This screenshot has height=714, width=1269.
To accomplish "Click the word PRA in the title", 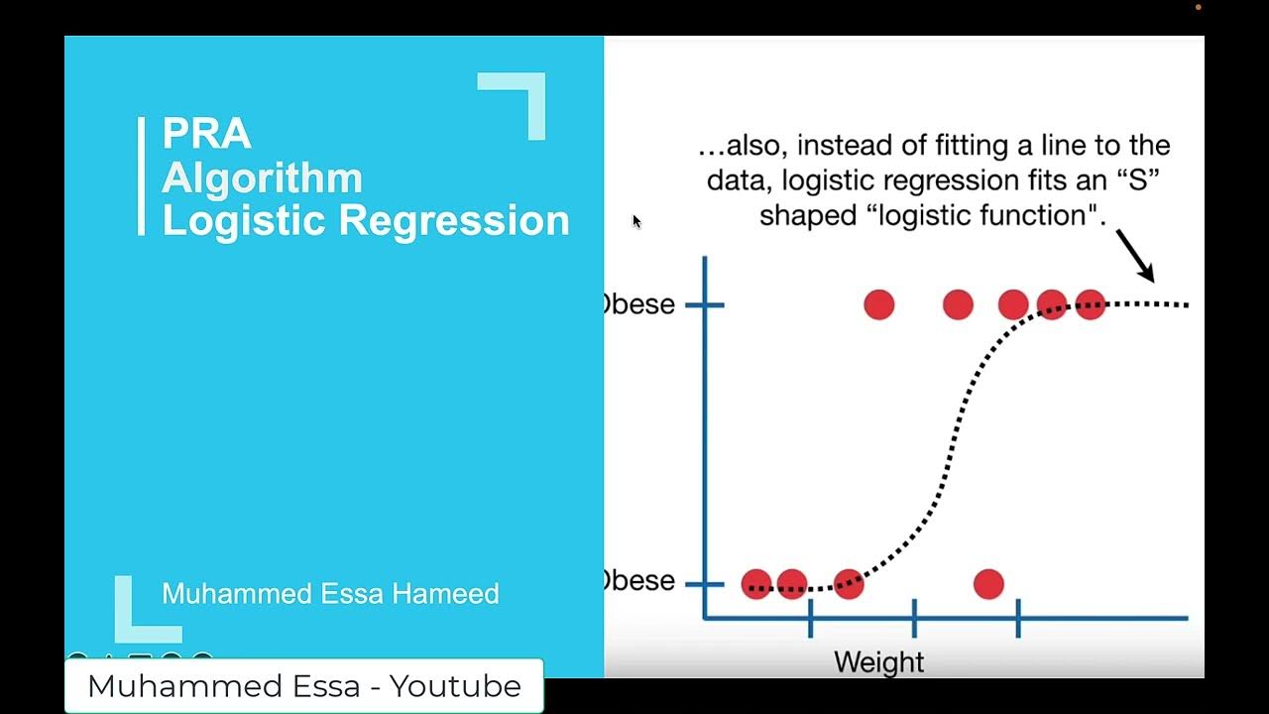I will coord(206,134).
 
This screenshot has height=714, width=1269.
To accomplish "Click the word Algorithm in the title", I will coord(262,178).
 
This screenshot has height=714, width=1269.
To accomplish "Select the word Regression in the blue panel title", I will coord(454,220).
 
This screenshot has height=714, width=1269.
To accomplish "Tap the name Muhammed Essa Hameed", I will coord(330,594).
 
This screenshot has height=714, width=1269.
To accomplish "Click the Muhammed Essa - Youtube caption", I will coord(304,686).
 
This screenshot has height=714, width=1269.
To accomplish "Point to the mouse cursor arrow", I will coord(635,221).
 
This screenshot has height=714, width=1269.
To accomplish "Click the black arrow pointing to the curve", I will coord(1135,255).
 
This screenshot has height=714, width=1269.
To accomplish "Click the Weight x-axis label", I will coord(878,661).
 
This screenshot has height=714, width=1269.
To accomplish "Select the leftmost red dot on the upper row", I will coord(878,304).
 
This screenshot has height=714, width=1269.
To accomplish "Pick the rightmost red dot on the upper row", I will coord(1090,304).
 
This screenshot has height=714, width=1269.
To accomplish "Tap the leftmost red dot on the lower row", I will coord(756,584).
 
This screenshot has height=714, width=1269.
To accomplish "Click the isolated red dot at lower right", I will coord(988,584).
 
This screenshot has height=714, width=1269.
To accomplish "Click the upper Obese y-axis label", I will coord(640,304).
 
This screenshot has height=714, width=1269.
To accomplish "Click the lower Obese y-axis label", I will coord(640,581).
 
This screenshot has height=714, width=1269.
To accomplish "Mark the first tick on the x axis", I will coord(810,618).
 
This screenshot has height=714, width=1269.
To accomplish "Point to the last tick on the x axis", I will coord(1018,618).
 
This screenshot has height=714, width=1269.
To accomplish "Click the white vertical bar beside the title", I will coord(141,177).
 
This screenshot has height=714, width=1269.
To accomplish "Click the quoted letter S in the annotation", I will coord(1139,180).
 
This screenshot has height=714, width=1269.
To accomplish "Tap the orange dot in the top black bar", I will coord(1198,7).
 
